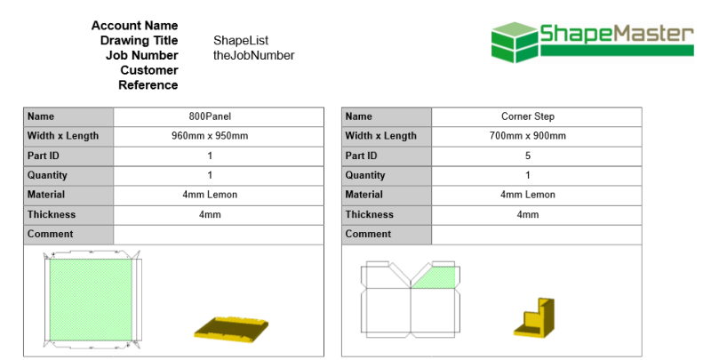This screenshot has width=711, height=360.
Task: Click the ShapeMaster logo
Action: click(x=592, y=39)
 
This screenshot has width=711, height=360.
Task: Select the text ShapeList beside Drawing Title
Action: click(x=241, y=40)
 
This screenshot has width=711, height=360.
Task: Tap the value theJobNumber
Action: click(x=253, y=55)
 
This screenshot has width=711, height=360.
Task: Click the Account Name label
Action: click(x=134, y=25)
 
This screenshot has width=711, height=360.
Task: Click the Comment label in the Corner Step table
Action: click(x=368, y=234)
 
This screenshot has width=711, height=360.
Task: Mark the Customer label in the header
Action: click(x=148, y=70)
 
